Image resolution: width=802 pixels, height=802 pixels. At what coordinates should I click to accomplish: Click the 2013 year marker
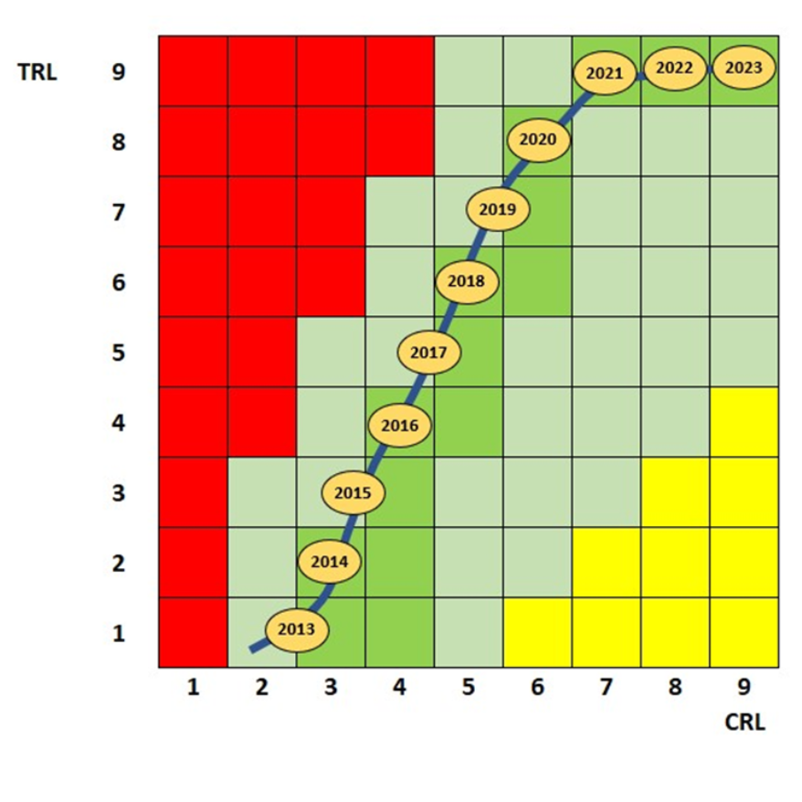pos(296,629)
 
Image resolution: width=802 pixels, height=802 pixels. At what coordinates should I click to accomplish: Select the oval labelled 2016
pos(399,425)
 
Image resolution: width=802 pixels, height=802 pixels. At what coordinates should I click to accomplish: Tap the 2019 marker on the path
pos(497,209)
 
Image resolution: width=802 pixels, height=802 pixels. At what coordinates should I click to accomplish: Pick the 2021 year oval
pos(604,74)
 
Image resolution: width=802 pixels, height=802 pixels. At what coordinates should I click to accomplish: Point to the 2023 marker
pos(743,68)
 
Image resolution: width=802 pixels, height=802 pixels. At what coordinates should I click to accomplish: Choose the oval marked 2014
pos(329,562)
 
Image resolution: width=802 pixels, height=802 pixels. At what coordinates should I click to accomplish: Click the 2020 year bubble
pos(537,141)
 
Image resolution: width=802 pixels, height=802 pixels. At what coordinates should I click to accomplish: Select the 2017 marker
pos(428,352)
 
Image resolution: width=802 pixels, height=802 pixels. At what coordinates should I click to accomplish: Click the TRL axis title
pos(37,73)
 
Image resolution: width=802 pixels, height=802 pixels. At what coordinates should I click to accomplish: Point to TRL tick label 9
pos(118,73)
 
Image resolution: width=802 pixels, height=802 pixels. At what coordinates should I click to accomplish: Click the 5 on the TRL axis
pos(118,353)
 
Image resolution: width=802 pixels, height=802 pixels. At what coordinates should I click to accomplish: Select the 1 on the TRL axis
pos(118,633)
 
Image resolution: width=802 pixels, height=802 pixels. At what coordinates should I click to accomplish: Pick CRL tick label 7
pos(606,689)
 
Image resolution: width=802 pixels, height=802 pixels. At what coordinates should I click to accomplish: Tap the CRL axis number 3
pos(331,689)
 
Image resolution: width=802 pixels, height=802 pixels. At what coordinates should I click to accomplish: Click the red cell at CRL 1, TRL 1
pos(193,632)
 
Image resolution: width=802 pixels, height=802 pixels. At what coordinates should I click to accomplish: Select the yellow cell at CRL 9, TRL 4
pos(744,422)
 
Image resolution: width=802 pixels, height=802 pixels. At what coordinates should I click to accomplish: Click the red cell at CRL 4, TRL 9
pos(399,71)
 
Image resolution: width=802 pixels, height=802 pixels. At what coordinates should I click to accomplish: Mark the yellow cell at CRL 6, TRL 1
pos(537,632)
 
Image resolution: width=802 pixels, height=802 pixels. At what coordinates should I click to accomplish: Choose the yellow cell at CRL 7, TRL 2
pos(607,562)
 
